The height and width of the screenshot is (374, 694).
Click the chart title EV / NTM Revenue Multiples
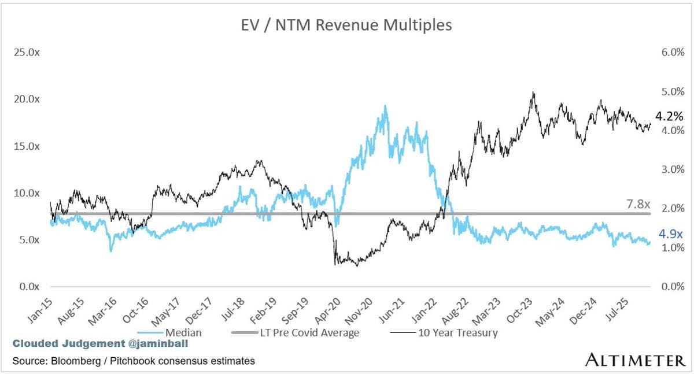[x=346, y=25]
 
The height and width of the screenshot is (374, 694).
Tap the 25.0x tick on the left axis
[x=27, y=52]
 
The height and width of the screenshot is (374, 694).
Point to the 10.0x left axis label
[x=27, y=192]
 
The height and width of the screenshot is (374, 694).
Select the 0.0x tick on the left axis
[x=29, y=286]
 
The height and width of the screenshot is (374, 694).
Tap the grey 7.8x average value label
[x=639, y=204]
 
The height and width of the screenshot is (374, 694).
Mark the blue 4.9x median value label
[x=671, y=234]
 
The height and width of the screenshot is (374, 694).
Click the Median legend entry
[x=182, y=332]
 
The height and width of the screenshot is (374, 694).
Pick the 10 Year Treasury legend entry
[x=457, y=332]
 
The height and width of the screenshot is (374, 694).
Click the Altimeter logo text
[x=635, y=361]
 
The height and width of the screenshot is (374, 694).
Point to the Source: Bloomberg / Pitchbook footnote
[x=134, y=361]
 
